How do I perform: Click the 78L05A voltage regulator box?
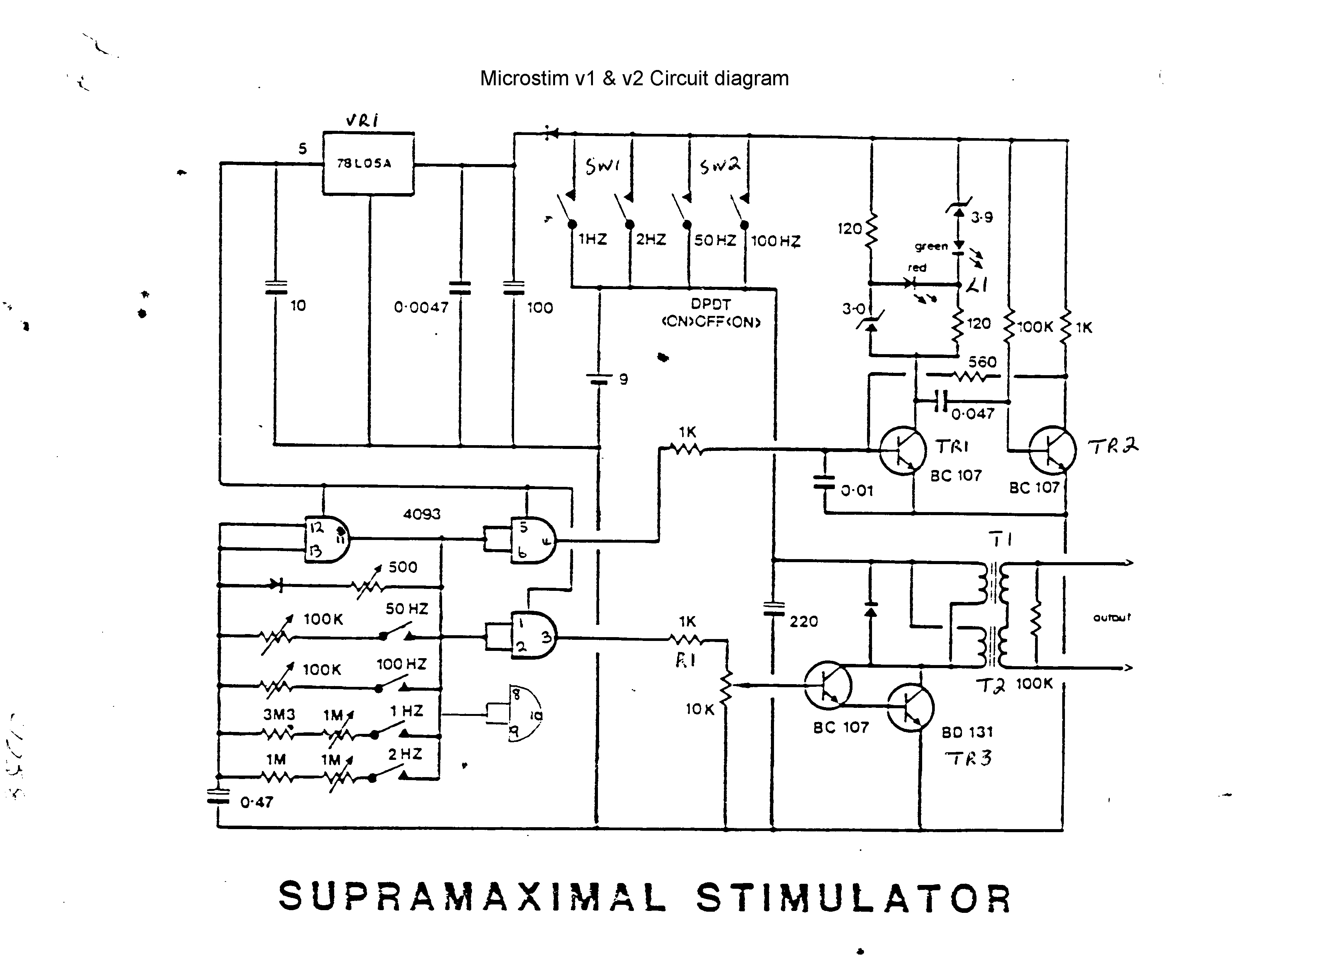pos(368,164)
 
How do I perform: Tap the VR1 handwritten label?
pos(363,120)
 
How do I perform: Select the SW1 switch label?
pos(602,166)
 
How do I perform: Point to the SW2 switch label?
pos(719,166)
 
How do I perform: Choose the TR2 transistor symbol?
pos(1052,450)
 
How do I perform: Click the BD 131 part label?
pos(967,732)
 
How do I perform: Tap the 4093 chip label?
pos(421,514)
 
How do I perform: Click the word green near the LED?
pos(931,246)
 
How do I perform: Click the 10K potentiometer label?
pos(700,709)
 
